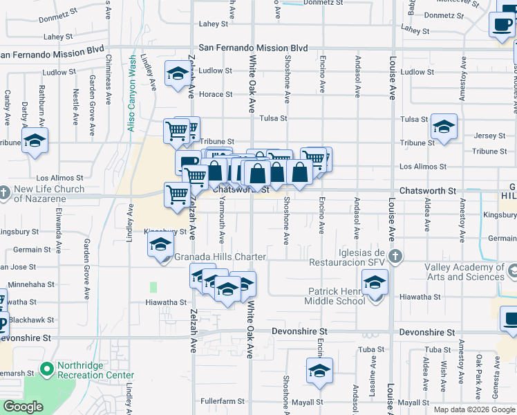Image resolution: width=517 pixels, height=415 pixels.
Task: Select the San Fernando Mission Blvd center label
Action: pos(252,48)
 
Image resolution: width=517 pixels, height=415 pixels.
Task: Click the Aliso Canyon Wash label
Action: pos(131,94)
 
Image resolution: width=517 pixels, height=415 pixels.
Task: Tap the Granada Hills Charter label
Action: pos(220,257)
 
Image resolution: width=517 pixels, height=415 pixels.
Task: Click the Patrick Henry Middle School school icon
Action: pos(375,284)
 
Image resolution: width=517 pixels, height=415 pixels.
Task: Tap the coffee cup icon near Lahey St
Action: pos(502,25)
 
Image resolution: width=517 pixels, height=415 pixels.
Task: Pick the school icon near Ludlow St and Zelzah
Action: pos(177,73)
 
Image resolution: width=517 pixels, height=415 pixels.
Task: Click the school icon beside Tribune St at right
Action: pos(444,127)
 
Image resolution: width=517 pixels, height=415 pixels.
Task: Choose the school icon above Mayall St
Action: pos(320,371)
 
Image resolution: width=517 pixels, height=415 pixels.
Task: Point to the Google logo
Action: pos(23,407)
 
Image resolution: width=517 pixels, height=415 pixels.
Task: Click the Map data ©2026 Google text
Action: pos(474,409)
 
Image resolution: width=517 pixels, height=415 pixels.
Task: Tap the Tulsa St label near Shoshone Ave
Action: pos(273,118)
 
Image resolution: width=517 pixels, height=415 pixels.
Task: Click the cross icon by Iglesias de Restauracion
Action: pos(395,257)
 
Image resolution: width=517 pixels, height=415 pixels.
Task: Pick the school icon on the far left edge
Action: pos(33,142)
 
